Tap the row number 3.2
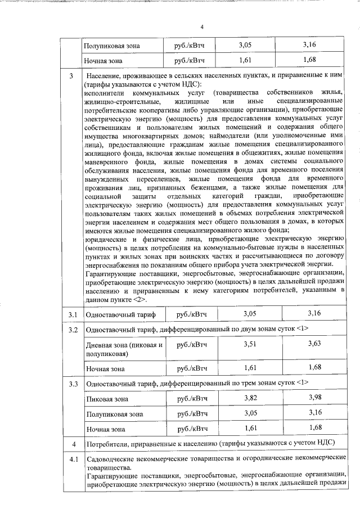69,328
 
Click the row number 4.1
69,460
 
